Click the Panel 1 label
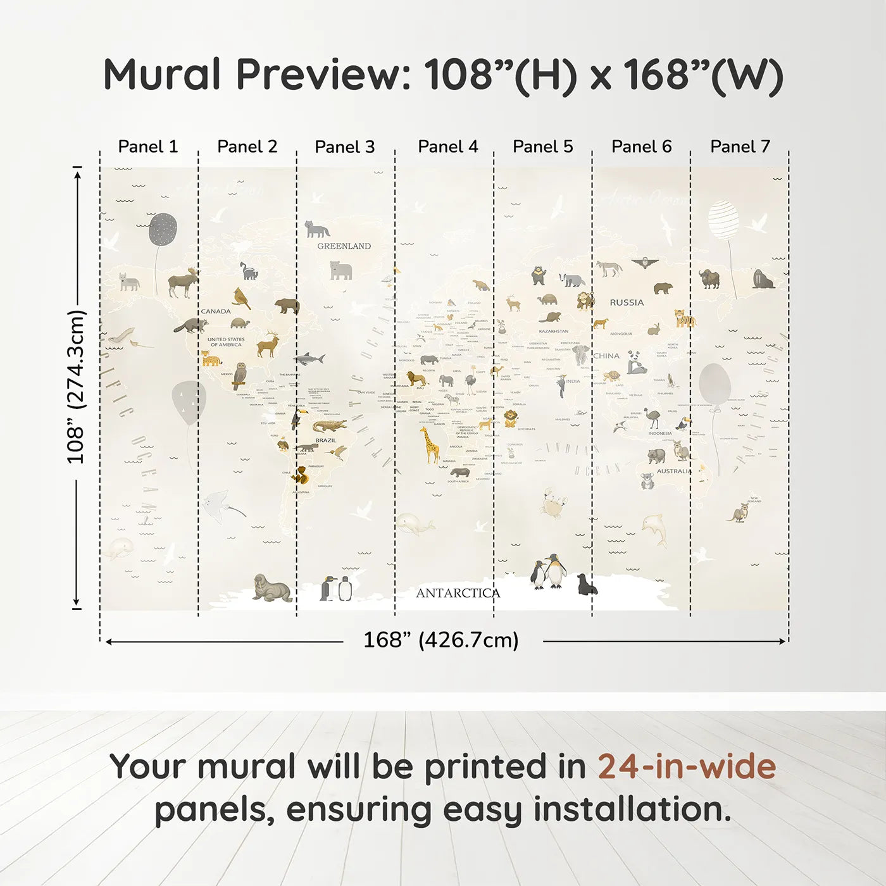tap(148, 147)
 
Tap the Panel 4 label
tap(447, 147)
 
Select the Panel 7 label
tap(740, 147)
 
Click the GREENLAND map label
tap(344, 246)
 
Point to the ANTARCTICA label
tap(458, 594)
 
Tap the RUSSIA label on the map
tap(627, 303)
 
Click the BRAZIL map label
tap(326, 440)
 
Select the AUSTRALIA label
tap(673, 471)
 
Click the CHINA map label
tap(606, 356)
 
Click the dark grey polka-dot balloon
tap(163, 229)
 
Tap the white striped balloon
tap(723, 220)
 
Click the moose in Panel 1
tap(184, 282)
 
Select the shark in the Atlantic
tap(309, 359)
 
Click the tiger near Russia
tap(684, 318)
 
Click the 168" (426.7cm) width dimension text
tap(440, 640)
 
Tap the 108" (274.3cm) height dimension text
tap(76, 387)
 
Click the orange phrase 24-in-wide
tap(687, 767)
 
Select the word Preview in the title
tap(323, 75)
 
